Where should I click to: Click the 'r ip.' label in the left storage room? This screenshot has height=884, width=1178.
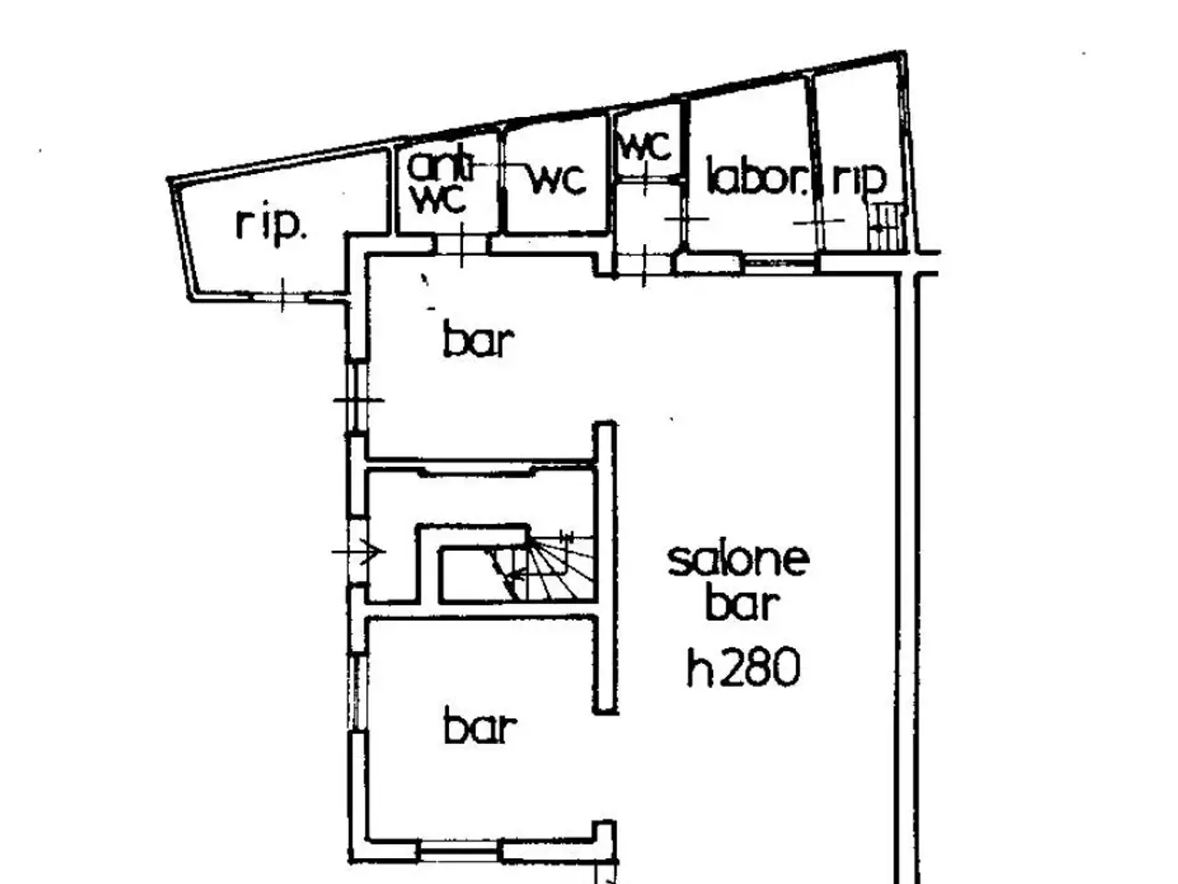[x=271, y=226]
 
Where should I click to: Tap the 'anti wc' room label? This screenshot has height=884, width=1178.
[x=441, y=182]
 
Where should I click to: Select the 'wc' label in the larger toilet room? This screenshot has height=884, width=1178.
[x=557, y=179]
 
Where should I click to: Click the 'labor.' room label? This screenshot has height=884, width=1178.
[x=757, y=176]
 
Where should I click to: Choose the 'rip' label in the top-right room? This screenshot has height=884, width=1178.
[x=859, y=179]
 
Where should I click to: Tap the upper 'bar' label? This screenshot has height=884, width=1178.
[x=479, y=338]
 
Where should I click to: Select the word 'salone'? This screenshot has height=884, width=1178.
[x=738, y=561]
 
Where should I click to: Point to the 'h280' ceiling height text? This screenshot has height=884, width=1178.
[x=744, y=668]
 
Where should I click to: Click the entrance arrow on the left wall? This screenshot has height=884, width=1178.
[x=359, y=552]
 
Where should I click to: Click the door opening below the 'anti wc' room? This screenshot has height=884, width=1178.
[x=462, y=245]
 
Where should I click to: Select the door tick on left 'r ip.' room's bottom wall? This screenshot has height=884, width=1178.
[x=283, y=296]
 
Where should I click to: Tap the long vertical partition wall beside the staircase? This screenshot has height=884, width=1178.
[x=606, y=567]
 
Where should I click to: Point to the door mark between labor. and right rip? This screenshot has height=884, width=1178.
[x=818, y=221]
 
